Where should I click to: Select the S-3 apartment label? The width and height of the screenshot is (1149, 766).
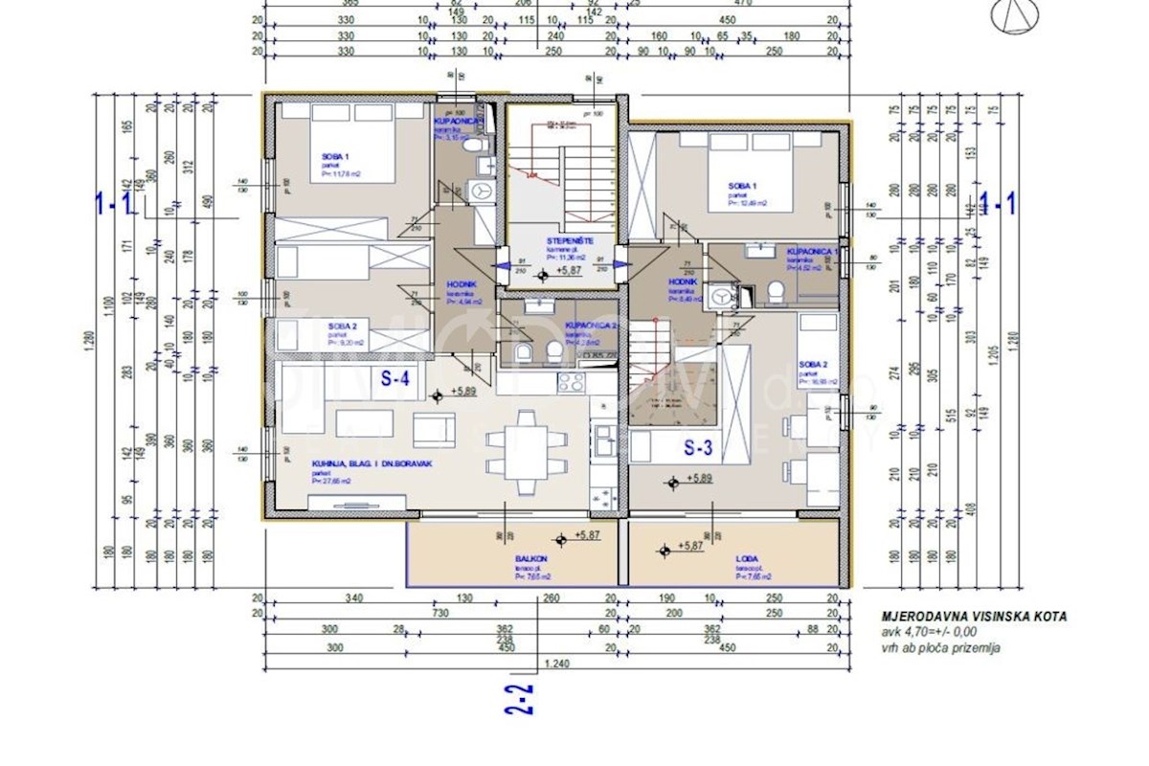702,445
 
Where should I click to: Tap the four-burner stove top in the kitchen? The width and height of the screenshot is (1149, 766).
572,382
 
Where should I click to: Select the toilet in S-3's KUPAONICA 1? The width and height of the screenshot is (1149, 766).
776,291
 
